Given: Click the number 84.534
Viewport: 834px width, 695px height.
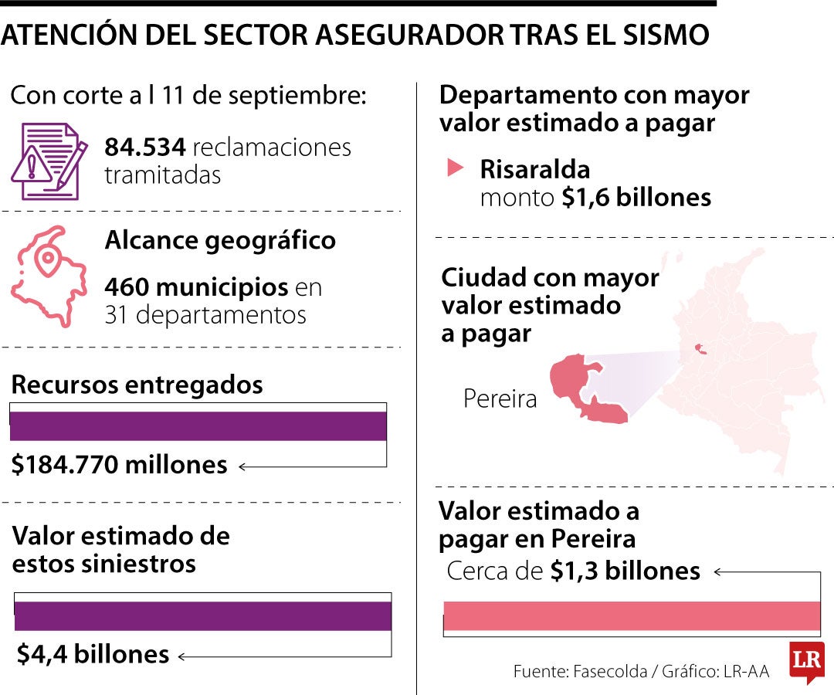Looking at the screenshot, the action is (x=145, y=147).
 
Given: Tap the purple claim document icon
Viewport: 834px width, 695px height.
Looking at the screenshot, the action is (x=49, y=161).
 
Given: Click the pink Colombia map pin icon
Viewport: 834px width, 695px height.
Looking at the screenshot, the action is (x=49, y=276).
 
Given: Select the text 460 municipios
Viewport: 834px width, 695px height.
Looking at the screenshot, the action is (x=197, y=287).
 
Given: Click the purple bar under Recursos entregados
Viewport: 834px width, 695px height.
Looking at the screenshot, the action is (x=198, y=426).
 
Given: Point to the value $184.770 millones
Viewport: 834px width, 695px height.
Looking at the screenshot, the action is (x=119, y=464).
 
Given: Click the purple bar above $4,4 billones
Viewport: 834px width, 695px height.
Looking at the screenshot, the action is (x=202, y=615).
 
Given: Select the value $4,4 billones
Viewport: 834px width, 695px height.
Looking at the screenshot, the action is (x=93, y=654).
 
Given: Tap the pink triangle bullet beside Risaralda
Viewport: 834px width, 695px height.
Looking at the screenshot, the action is (x=455, y=168).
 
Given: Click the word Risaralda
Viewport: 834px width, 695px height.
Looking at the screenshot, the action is (x=535, y=170).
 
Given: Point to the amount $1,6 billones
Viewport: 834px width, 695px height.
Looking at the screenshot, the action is (x=636, y=197).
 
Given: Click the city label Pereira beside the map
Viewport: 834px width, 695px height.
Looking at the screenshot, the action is (x=500, y=398).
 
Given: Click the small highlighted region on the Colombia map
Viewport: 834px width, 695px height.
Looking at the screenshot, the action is (x=700, y=349).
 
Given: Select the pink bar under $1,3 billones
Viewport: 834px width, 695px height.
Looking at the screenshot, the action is (x=632, y=615).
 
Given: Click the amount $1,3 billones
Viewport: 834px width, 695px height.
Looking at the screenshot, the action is (x=625, y=571).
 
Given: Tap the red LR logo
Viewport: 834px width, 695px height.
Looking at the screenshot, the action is (x=807, y=661).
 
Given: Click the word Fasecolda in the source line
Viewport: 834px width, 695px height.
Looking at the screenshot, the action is (x=610, y=672).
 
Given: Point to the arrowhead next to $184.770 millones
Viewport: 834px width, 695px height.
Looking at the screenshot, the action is (x=242, y=467).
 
